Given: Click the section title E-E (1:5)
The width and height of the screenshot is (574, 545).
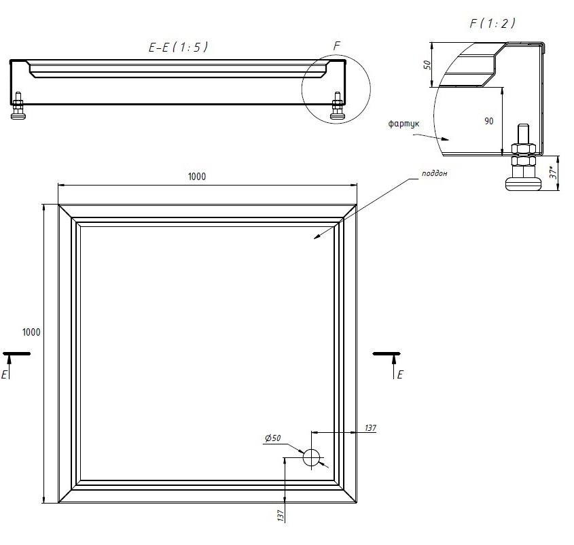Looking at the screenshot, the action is [x=178, y=47].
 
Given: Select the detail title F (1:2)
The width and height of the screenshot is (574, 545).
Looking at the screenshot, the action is [x=492, y=23].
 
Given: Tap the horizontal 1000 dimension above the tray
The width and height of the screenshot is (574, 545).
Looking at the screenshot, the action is [x=197, y=177].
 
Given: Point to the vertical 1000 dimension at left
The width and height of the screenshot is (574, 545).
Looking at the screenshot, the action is [x=31, y=332].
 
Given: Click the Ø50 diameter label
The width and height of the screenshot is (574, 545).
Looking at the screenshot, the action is [x=272, y=438].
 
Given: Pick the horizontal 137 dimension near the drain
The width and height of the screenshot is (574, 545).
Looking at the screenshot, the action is [x=370, y=428].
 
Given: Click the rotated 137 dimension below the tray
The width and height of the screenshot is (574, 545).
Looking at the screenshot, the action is [x=281, y=515].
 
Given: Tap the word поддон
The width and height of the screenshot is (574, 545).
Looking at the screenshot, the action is [x=434, y=173].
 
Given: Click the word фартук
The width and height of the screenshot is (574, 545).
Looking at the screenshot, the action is [x=403, y=124].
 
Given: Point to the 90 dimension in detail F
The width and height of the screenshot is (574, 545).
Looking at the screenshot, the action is [x=488, y=121].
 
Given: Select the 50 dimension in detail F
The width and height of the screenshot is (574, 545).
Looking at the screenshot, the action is [x=427, y=65].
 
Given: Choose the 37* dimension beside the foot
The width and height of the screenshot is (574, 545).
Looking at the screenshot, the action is [x=554, y=172].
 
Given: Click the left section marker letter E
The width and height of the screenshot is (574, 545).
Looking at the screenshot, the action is [x=4, y=374].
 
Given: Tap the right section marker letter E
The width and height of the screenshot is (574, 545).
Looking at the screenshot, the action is [x=399, y=374].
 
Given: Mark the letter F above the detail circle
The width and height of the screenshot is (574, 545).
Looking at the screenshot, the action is [x=337, y=46].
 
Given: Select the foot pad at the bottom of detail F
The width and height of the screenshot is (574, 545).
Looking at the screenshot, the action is [x=523, y=184].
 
